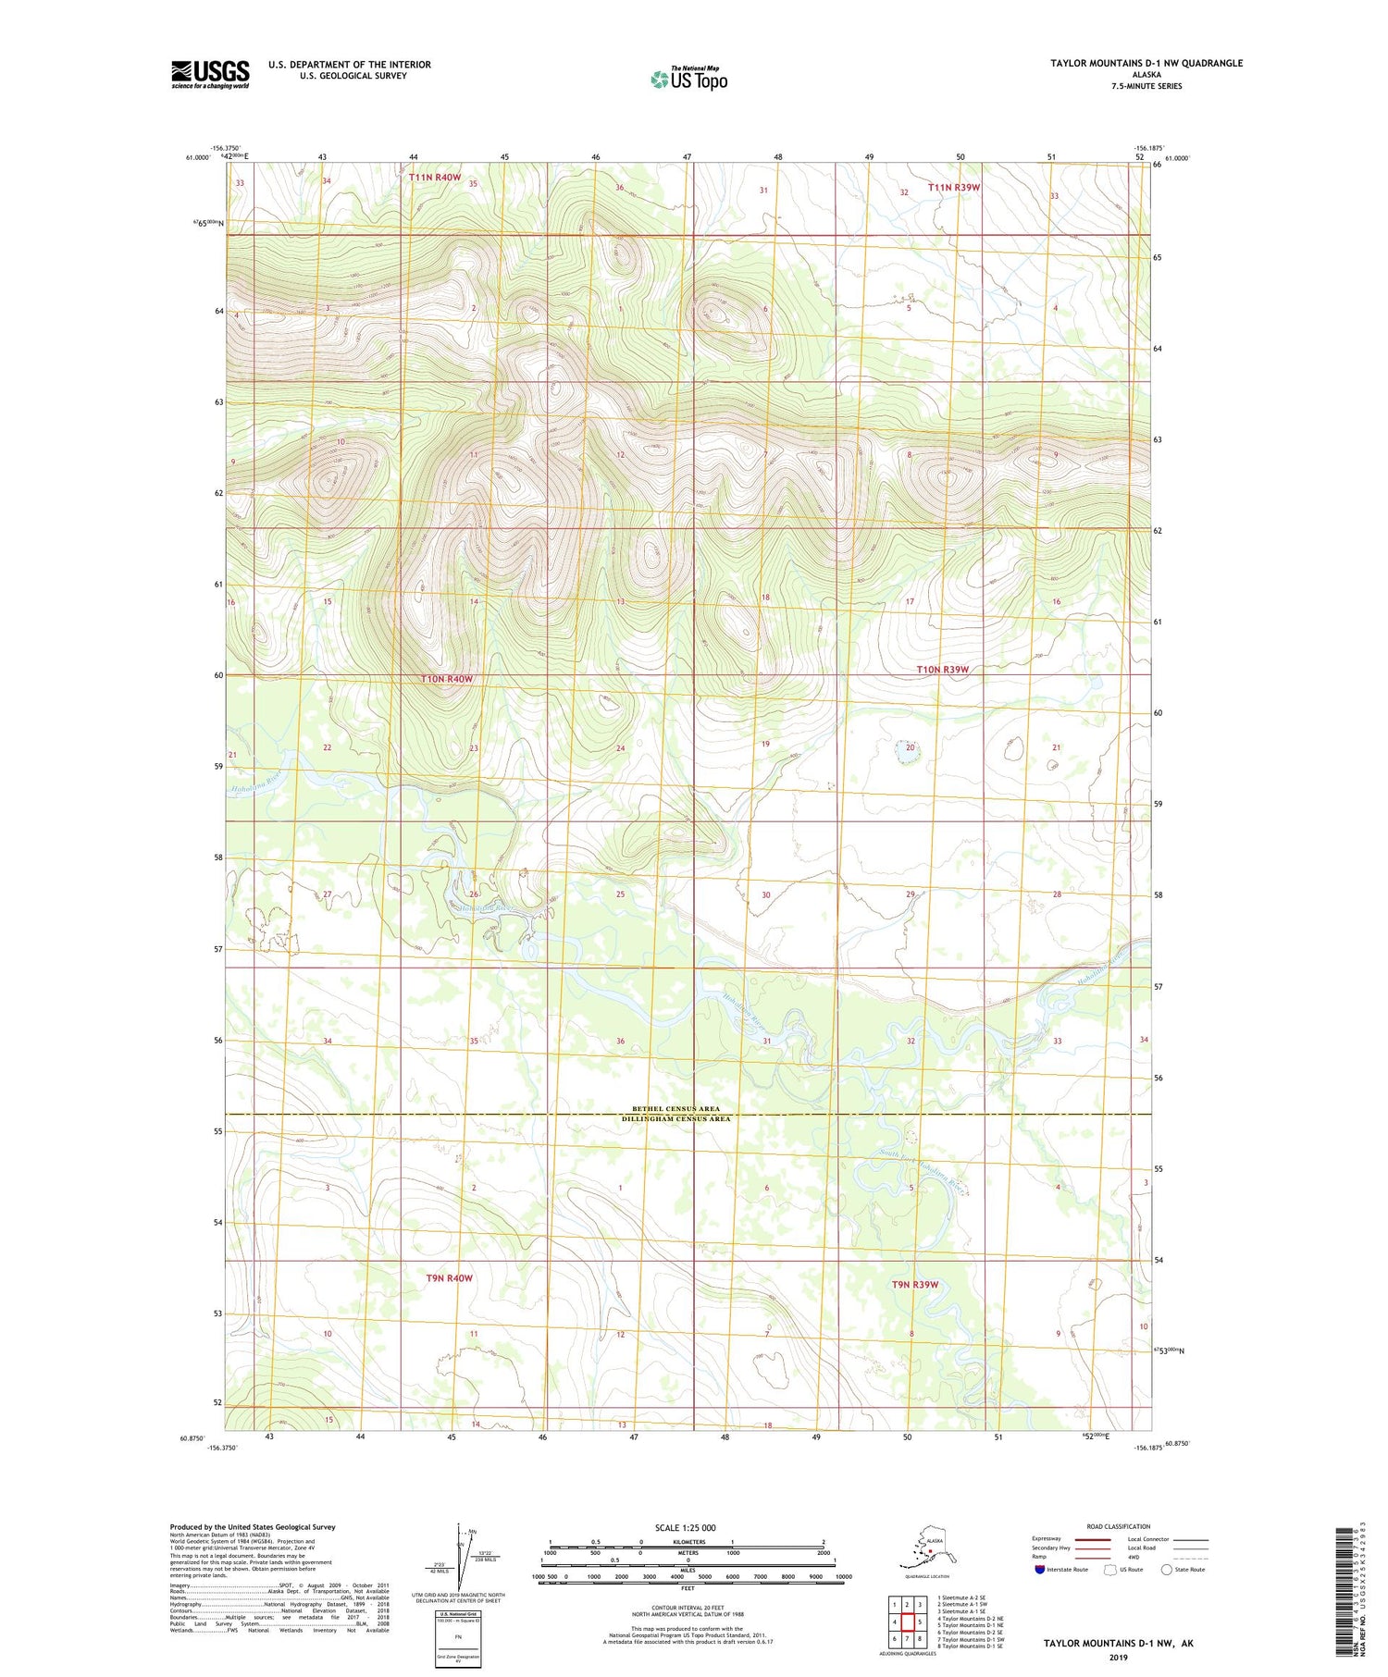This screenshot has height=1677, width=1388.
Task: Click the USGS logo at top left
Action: tap(210, 74)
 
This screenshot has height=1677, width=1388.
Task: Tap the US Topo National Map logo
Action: tap(688, 79)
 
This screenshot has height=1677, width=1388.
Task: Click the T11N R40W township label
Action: tap(435, 177)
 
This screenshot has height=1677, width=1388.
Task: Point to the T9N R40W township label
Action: tap(450, 1278)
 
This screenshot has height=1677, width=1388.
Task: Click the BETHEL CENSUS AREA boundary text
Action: tap(688, 1109)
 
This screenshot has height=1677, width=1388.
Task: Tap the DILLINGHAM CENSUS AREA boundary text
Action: tap(688, 1119)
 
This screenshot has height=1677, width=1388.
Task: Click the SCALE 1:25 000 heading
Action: tap(685, 1528)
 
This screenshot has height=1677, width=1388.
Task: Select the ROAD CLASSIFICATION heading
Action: tap(1119, 1527)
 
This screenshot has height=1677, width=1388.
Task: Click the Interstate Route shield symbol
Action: tap(1040, 1570)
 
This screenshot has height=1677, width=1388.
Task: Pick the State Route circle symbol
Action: tap(1167, 1570)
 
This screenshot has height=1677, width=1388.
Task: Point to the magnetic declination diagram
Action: tap(460, 1556)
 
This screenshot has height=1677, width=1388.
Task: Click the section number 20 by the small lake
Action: tap(911, 747)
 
